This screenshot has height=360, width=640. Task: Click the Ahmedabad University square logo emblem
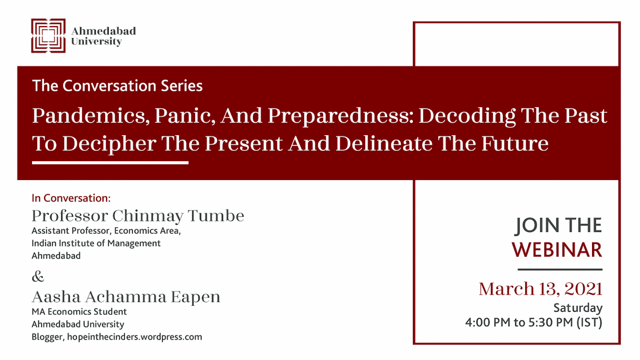(48, 36)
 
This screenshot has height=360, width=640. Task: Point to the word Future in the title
(515, 143)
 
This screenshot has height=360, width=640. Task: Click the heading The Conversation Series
(117, 85)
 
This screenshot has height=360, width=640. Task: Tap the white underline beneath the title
(110, 163)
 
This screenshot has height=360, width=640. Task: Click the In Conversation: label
(71, 198)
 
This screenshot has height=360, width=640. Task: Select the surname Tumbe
(216, 216)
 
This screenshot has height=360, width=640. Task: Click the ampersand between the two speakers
(38, 276)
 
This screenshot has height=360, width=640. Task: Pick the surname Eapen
(196, 297)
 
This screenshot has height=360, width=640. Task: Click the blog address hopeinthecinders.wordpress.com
(134, 337)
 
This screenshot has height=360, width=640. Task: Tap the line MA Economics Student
(79, 312)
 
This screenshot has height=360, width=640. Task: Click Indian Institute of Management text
(96, 243)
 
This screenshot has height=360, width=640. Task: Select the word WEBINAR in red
(557, 250)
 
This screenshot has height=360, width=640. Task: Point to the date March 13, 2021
(540, 289)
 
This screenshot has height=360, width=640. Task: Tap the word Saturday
(578, 308)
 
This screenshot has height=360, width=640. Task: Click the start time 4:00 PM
(488, 323)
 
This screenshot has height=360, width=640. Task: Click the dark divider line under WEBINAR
(560, 269)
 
